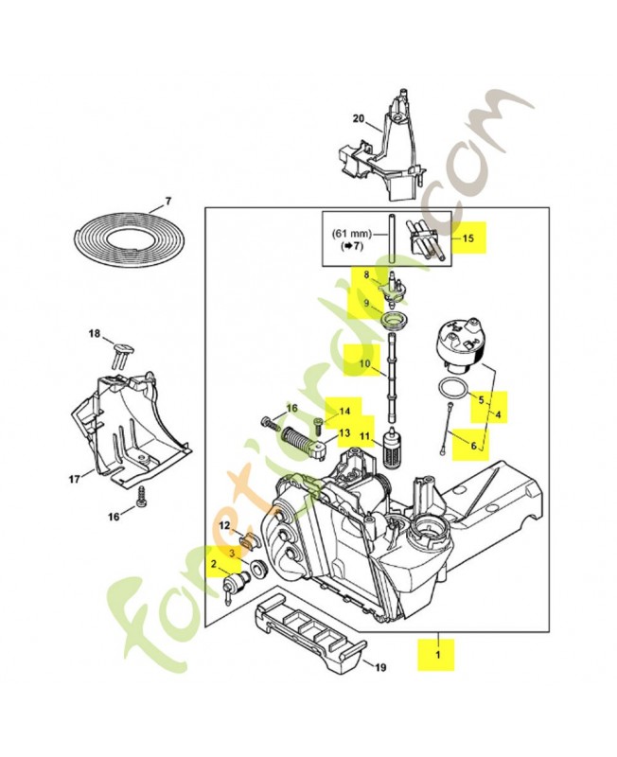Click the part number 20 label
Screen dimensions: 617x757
pos(359,118)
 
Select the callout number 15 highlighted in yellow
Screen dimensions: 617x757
pos(468,238)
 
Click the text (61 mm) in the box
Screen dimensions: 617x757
pos(352,234)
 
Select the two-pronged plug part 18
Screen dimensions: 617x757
pos(122,355)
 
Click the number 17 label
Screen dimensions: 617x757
pos(75,480)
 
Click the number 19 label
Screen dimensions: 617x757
pos(380,668)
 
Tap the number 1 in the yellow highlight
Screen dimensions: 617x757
pos(438,655)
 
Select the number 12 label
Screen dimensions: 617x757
pos(225,526)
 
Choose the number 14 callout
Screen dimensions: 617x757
pos(344,412)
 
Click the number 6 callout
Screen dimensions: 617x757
pos(473,446)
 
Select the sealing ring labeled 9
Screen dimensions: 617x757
pos(395,320)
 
